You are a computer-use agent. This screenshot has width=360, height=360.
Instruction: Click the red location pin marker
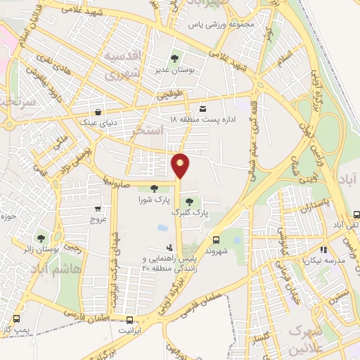[181, 165]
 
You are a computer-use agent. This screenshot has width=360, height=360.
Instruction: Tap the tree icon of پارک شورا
[154, 186]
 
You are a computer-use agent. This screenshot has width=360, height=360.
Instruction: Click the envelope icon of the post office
[202, 108]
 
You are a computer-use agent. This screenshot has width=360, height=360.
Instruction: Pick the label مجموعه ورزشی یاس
[219, 25]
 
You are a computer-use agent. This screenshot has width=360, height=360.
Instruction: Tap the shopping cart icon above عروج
[98, 208]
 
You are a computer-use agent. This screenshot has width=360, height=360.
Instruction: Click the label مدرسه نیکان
[323, 260]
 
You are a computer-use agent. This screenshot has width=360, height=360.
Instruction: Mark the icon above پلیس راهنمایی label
[169, 247]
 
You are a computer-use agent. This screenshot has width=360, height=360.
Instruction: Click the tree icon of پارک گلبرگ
[188, 201]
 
